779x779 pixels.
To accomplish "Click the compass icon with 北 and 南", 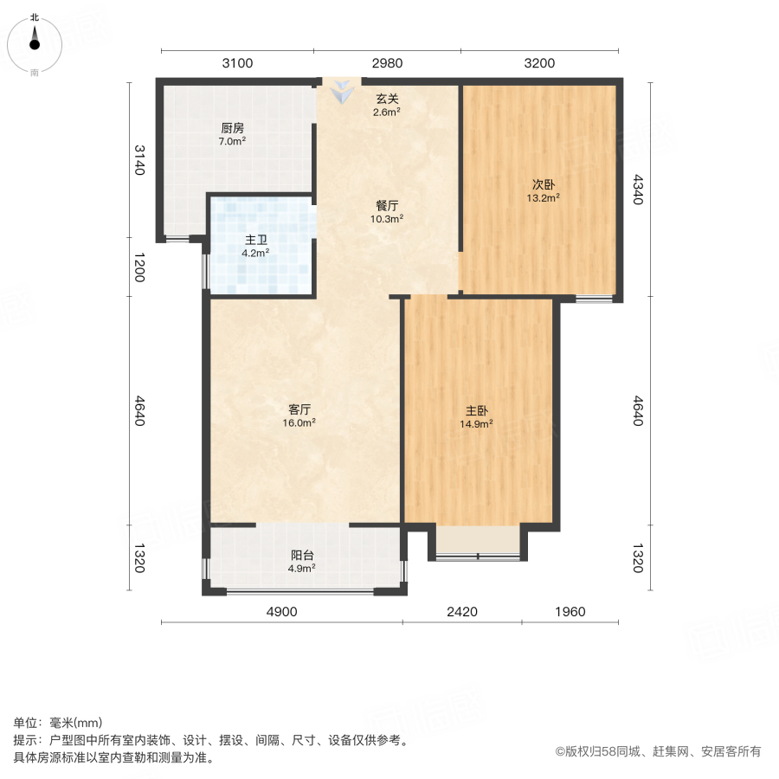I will (x=35, y=43).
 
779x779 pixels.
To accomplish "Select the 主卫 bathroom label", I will (x=254, y=241).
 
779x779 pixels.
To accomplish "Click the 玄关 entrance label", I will (x=387, y=99).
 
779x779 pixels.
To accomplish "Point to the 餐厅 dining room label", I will (x=387, y=206).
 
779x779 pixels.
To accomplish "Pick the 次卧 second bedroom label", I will (x=543, y=184).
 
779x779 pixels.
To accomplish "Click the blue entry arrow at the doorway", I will (x=343, y=89).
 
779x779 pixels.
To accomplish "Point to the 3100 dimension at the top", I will (x=237, y=62).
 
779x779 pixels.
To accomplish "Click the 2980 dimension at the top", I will (x=387, y=62).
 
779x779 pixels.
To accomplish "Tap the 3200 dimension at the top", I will (x=539, y=62).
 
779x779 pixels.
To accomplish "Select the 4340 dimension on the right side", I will (x=638, y=190).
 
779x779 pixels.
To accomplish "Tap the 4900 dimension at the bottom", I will (x=281, y=612).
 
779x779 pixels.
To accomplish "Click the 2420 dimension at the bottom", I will (x=462, y=612).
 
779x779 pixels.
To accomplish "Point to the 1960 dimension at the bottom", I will (x=570, y=612).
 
